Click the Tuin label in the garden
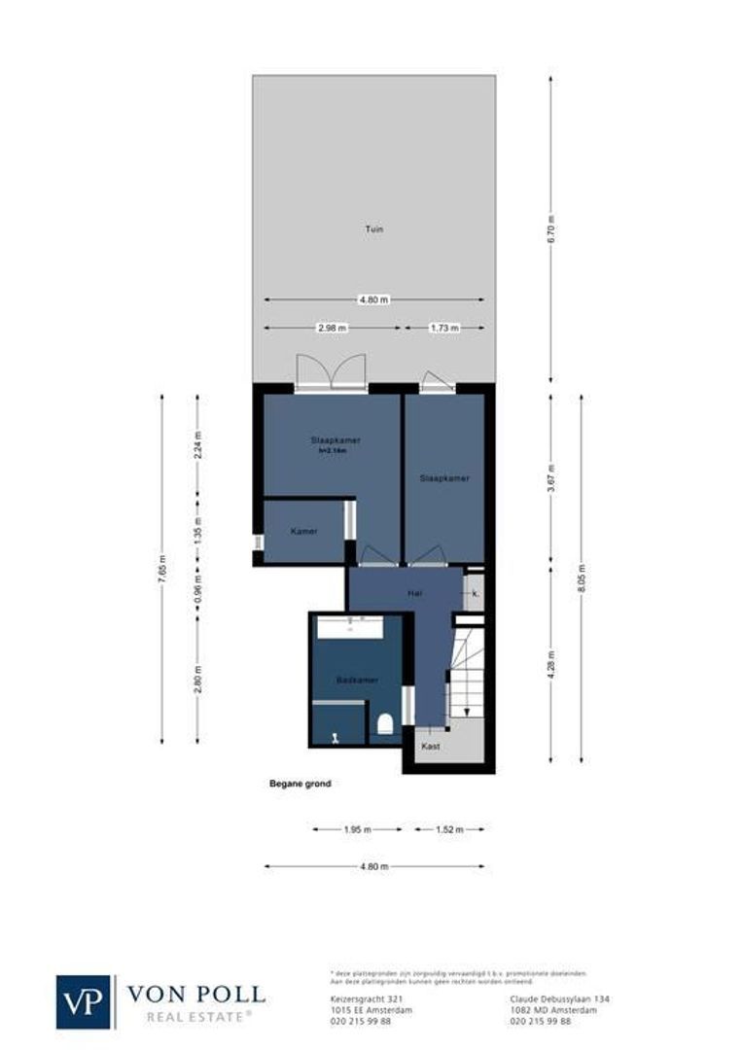click(x=374, y=229)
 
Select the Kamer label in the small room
click(x=304, y=531)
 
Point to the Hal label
click(x=412, y=590)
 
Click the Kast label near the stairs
click(x=431, y=747)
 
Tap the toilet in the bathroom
click(x=384, y=723)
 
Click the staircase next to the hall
click(x=465, y=671)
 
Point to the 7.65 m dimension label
click(x=161, y=568)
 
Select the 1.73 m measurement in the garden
click(x=443, y=329)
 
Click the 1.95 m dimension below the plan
click(x=357, y=830)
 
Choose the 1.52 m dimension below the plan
click(x=448, y=830)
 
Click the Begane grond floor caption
click(x=300, y=784)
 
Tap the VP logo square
click(x=85, y=1001)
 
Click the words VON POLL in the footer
click(x=195, y=994)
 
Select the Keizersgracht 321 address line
click(x=361, y=998)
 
